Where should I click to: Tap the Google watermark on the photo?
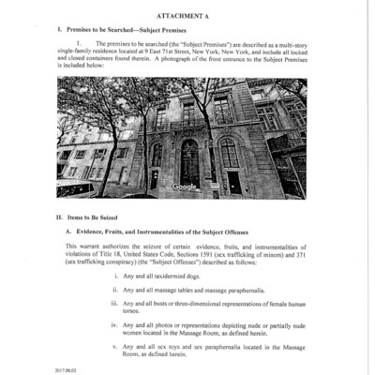tap(186, 187)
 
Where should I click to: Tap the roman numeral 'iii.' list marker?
tap(113, 304)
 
